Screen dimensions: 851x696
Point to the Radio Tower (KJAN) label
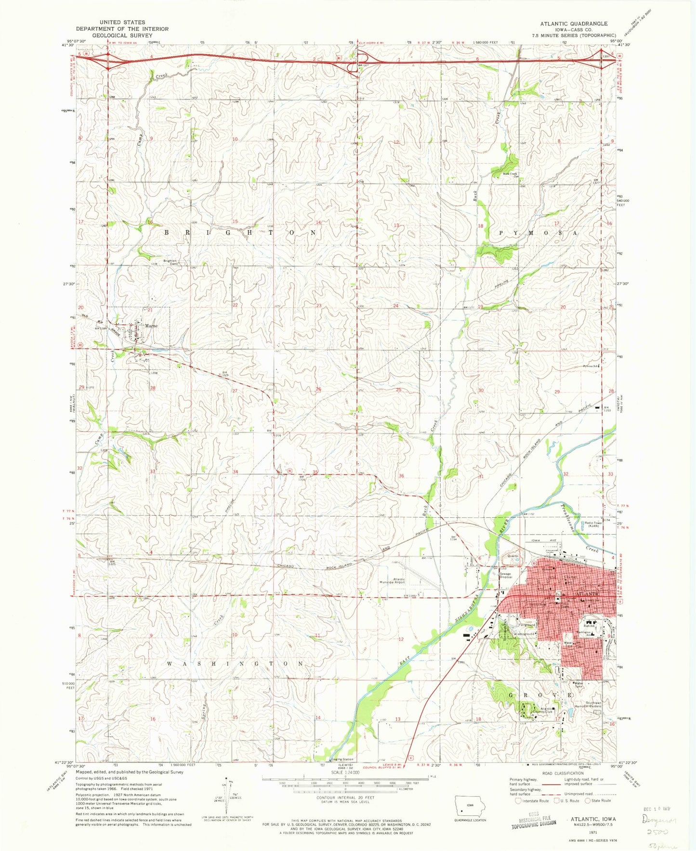592,524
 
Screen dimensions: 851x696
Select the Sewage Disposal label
505,576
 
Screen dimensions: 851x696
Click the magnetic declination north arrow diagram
224,802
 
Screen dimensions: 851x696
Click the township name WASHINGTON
236,663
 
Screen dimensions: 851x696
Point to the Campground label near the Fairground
525,634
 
